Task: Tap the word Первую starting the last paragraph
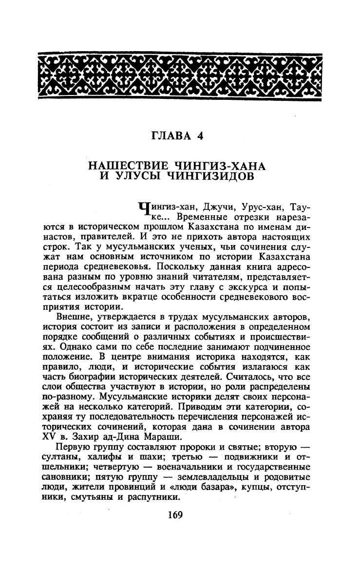(x=72, y=449)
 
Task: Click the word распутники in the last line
(x=155, y=499)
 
